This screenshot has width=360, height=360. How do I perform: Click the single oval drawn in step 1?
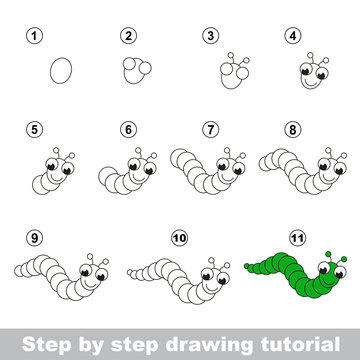(62, 71)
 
